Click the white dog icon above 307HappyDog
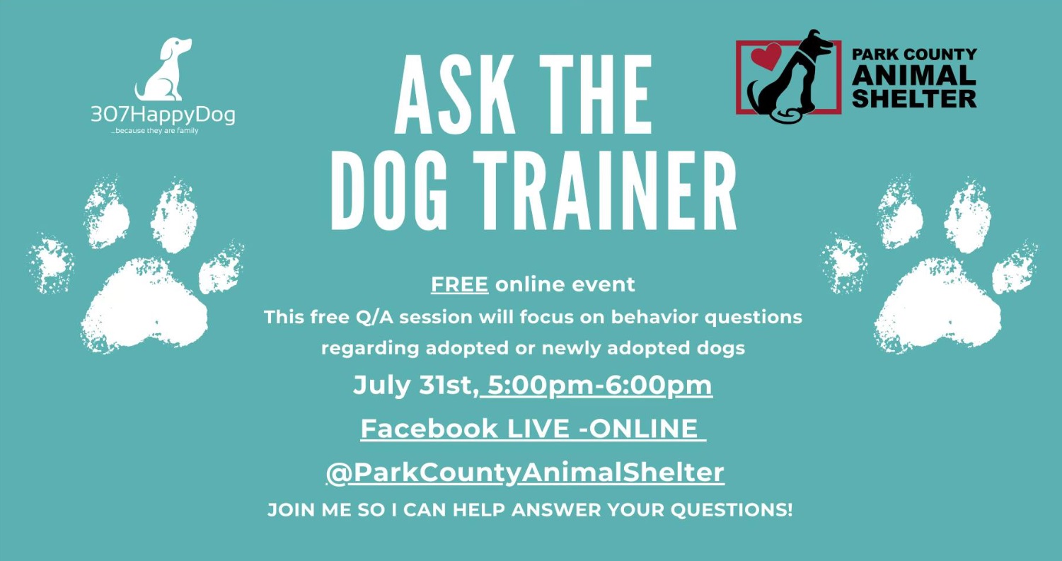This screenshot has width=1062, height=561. pyautogui.click(x=163, y=71)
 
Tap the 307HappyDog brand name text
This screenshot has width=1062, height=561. pyautogui.click(x=163, y=115)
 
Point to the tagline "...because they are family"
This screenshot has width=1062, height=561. pyautogui.click(x=154, y=131)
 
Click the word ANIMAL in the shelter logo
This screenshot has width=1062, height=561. pyautogui.click(x=914, y=76)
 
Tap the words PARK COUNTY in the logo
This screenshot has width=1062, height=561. pyautogui.click(x=914, y=54)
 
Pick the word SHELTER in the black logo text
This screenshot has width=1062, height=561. pyautogui.click(x=914, y=99)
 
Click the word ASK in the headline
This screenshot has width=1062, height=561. pyautogui.click(x=455, y=94)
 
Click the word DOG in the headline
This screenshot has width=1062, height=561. pyautogui.click(x=389, y=191)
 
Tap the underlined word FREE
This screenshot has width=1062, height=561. pyautogui.click(x=459, y=284)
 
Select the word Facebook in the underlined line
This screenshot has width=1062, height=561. pyautogui.click(x=429, y=429)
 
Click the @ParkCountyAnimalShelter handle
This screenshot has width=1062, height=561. pyautogui.click(x=525, y=473)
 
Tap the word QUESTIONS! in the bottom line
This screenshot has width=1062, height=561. pyautogui.click(x=731, y=510)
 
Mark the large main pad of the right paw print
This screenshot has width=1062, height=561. pyautogui.click(x=937, y=306)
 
